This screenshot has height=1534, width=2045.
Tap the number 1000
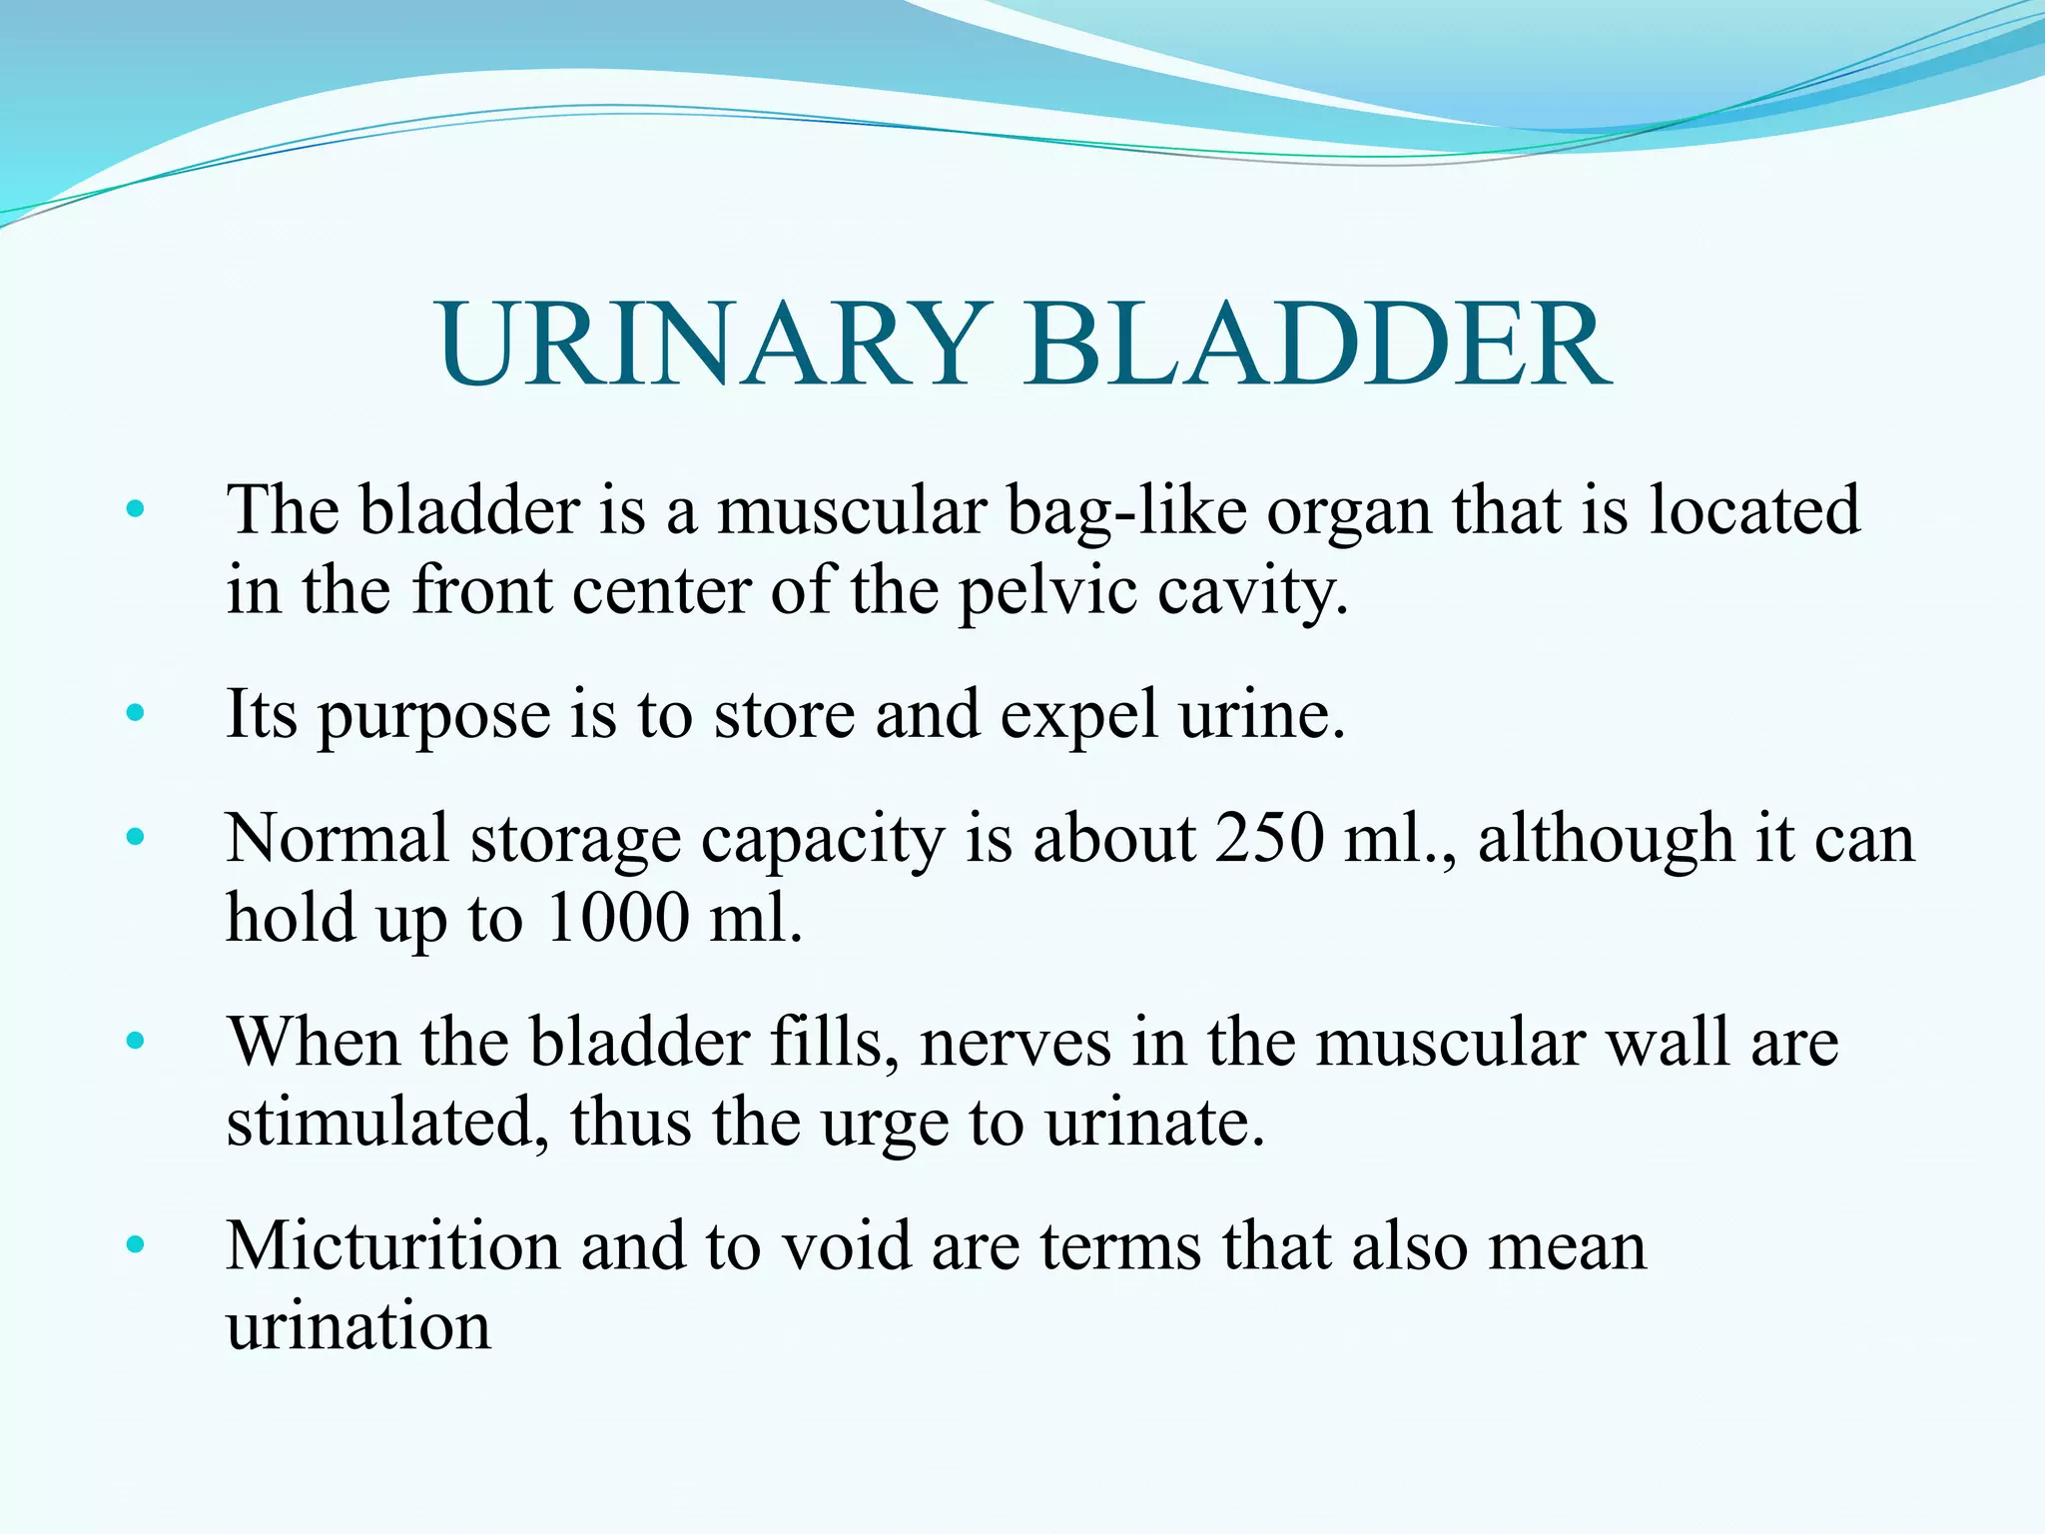[x=617, y=917]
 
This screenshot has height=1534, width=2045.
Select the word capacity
[x=821, y=841]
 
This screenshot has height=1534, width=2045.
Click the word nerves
[x=1015, y=1043]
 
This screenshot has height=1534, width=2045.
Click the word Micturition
[x=393, y=1246]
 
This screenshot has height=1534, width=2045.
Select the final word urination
[x=358, y=1326]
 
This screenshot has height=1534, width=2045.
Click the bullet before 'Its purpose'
[x=136, y=714]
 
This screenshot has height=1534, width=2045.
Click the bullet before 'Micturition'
[x=136, y=1245]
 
